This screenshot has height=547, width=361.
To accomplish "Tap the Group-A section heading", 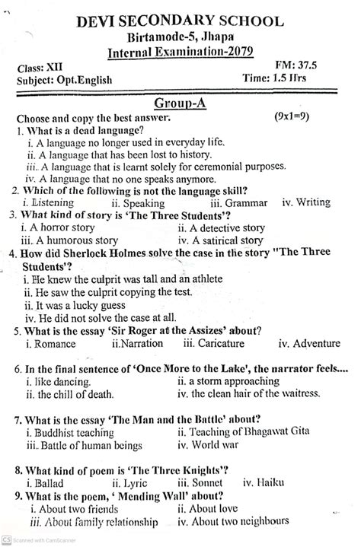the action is point(180,102).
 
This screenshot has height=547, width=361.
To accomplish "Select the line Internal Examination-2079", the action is point(180,52).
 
